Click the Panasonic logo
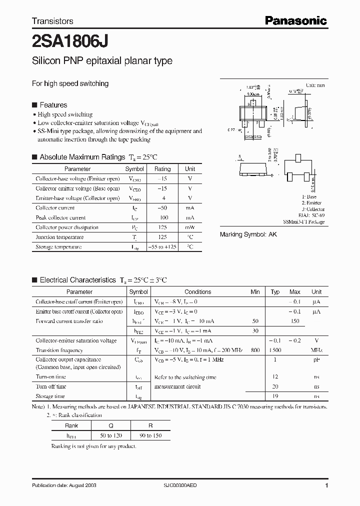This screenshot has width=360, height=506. click(295, 20)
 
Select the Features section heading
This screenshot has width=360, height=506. click(53, 105)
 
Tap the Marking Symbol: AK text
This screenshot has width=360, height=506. click(248, 234)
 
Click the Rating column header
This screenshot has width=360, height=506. click(162, 169)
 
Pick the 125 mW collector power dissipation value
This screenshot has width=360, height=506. click(162, 227)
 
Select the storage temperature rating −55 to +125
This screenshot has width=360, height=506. click(162, 247)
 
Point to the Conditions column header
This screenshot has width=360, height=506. click(198, 292)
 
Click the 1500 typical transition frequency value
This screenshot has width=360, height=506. click(275, 350)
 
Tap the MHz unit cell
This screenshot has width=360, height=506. click(316, 350)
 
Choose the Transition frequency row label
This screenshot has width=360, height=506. click(59, 350)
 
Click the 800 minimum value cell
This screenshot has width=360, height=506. click(255, 350)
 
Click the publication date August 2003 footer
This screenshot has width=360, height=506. click(64, 485)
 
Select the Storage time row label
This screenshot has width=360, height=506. click(50, 396)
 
